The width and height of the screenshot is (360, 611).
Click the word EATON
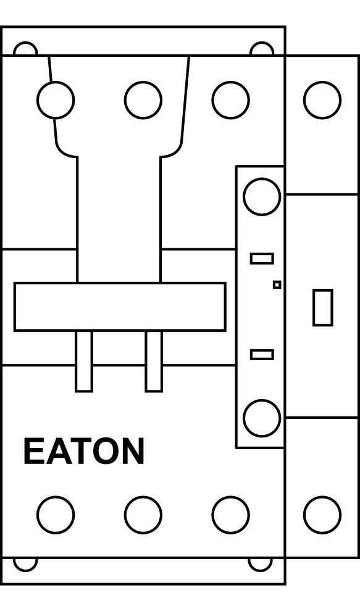[x=84, y=451]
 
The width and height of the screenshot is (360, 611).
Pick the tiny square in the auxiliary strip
[x=277, y=285]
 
